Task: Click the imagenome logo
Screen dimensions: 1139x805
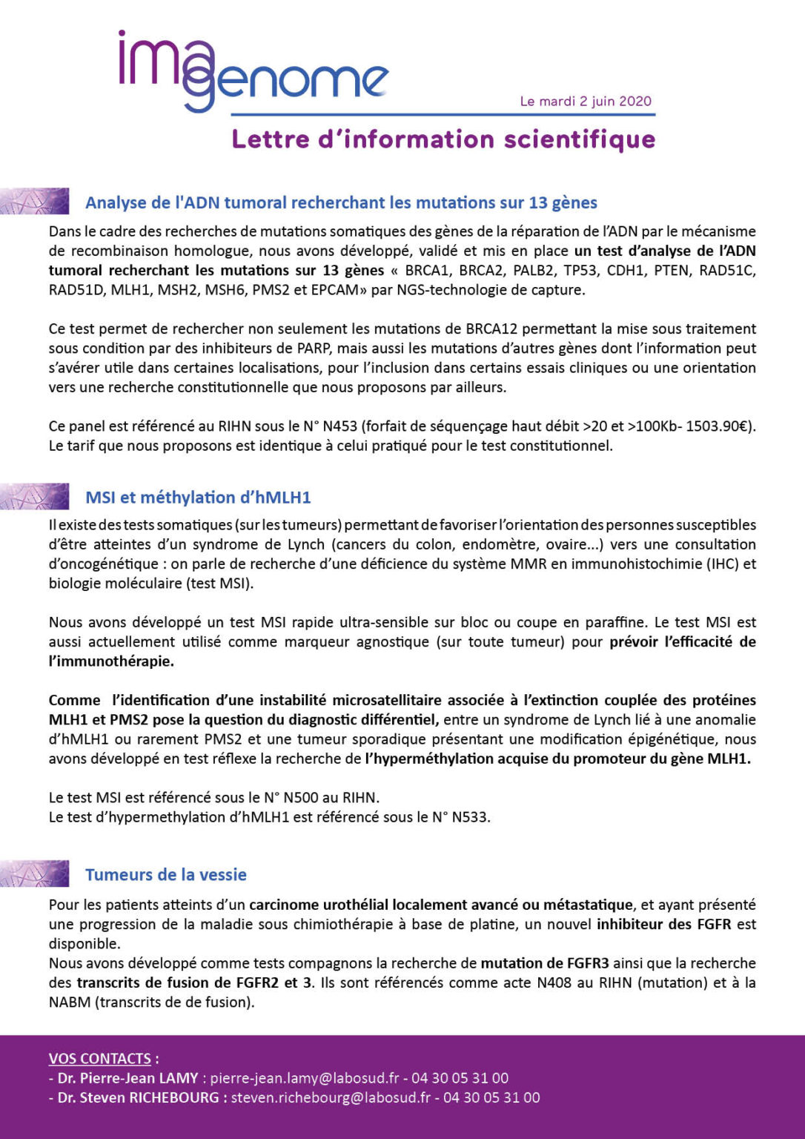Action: [x=252, y=71]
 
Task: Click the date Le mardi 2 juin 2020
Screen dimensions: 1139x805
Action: [x=586, y=102]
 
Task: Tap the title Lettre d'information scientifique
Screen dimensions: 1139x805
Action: [x=443, y=139]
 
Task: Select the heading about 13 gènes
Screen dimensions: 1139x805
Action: [x=341, y=202]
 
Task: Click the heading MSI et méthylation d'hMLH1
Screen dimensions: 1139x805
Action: [x=198, y=498]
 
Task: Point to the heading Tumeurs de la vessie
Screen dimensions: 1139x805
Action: [x=166, y=875]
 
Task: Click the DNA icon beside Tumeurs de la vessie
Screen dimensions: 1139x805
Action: [x=35, y=874]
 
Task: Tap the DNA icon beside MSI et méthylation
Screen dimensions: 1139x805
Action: [x=35, y=496]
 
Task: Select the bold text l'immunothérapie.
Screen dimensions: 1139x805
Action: [x=111, y=661]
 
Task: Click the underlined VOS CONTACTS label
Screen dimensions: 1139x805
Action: [x=100, y=1059]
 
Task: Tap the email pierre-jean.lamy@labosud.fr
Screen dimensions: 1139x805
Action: [x=305, y=1078]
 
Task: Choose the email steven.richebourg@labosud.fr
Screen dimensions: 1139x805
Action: [x=331, y=1097]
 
